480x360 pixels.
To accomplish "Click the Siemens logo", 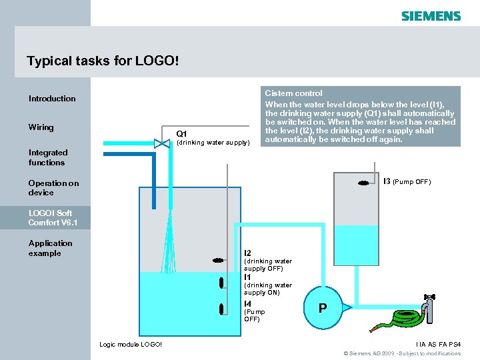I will point(431,15).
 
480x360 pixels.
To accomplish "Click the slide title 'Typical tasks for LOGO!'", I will point(103,61).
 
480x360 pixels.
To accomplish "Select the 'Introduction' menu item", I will point(52,99).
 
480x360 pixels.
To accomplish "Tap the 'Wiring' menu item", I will point(41,127).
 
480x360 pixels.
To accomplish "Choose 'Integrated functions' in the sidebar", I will point(47,157).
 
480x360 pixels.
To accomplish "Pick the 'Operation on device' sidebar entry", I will point(53,188).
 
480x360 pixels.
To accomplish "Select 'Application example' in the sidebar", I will point(51,248).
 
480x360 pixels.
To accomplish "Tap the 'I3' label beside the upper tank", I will point(387,181).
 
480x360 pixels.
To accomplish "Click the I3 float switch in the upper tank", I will point(363,183).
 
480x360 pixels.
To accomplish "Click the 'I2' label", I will point(247,253).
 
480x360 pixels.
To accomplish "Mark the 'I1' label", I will point(247,277).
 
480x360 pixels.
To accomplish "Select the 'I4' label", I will point(247,304).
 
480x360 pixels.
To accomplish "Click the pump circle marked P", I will point(323,308).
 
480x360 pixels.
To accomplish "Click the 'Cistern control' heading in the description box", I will point(293,93).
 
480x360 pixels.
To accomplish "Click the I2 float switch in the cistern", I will point(218,259).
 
